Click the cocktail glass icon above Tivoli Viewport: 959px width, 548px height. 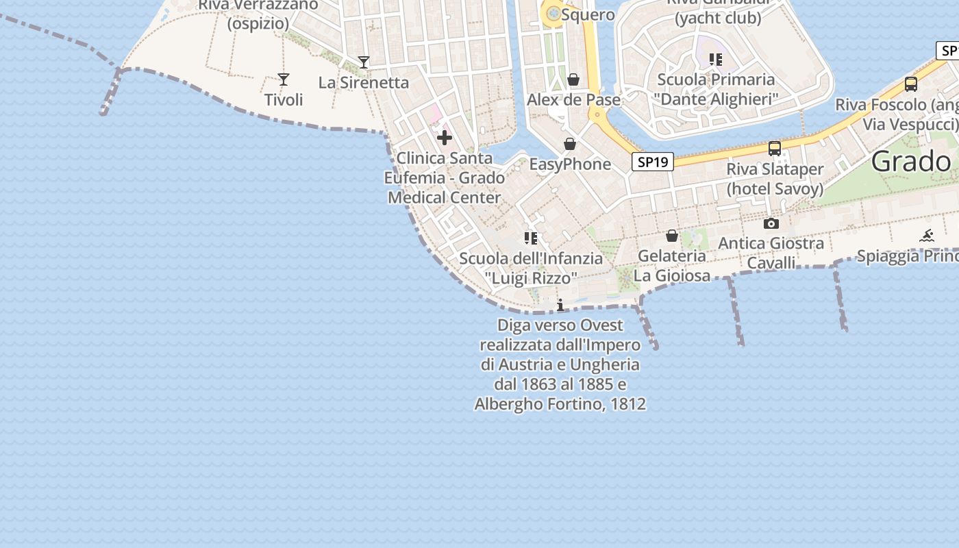tap(284, 79)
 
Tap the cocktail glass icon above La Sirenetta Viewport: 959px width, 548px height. tap(364, 62)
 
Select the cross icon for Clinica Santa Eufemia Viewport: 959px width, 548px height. tap(445, 138)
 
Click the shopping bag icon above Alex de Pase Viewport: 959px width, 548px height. tap(573, 79)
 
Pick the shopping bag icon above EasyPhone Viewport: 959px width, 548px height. tap(570, 144)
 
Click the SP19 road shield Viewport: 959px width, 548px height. tap(652, 162)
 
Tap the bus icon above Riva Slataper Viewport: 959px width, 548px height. tap(775, 148)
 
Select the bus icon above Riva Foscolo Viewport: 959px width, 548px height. tap(911, 84)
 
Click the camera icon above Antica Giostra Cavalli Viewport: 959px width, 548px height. tap(771, 223)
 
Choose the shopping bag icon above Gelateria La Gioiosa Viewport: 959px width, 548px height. tap(672, 236)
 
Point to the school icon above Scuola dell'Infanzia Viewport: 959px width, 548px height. tap(531, 238)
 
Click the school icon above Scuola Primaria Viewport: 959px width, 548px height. tap(716, 60)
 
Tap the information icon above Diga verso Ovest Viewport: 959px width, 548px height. tap(560, 305)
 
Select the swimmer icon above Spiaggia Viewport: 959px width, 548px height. tap(927, 236)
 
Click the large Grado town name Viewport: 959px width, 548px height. tap(911, 162)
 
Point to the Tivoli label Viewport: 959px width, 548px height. tap(284, 100)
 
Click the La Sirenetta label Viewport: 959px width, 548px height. tap(364, 83)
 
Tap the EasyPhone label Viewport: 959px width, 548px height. tap(570, 164)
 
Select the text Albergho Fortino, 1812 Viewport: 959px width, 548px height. tap(560, 404)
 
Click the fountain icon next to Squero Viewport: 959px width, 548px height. tap(553, 13)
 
